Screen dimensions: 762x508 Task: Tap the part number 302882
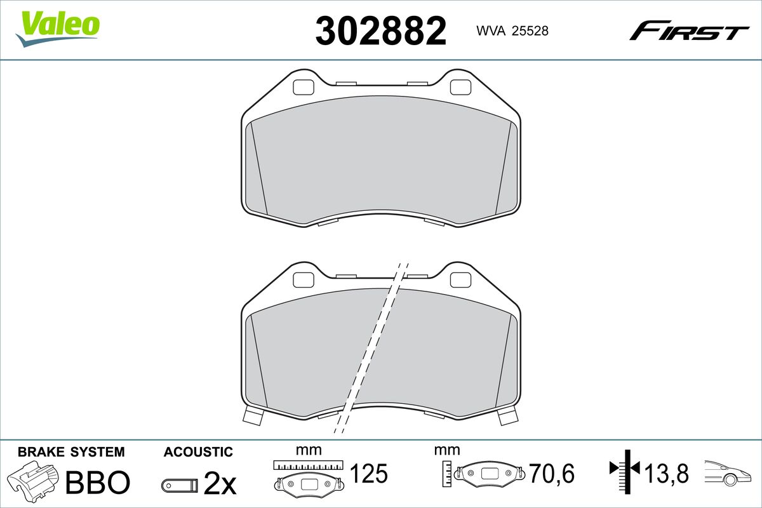[380, 31]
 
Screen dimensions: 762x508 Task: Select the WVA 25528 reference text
[512, 30]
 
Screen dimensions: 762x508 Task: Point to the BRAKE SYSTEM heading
[71, 452]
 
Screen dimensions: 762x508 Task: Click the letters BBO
[98, 482]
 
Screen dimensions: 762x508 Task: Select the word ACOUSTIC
[198, 452]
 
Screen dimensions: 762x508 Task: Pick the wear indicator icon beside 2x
[180, 486]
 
